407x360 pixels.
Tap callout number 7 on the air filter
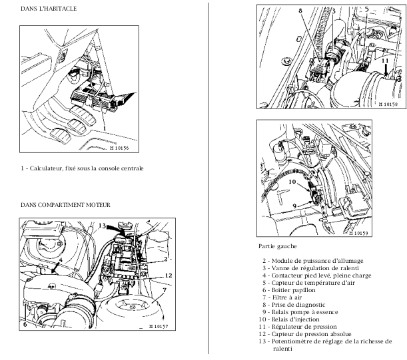[163, 291]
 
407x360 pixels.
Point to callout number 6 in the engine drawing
[25, 325]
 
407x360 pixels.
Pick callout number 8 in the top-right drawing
[300, 12]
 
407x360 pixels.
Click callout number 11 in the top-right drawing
[384, 61]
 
